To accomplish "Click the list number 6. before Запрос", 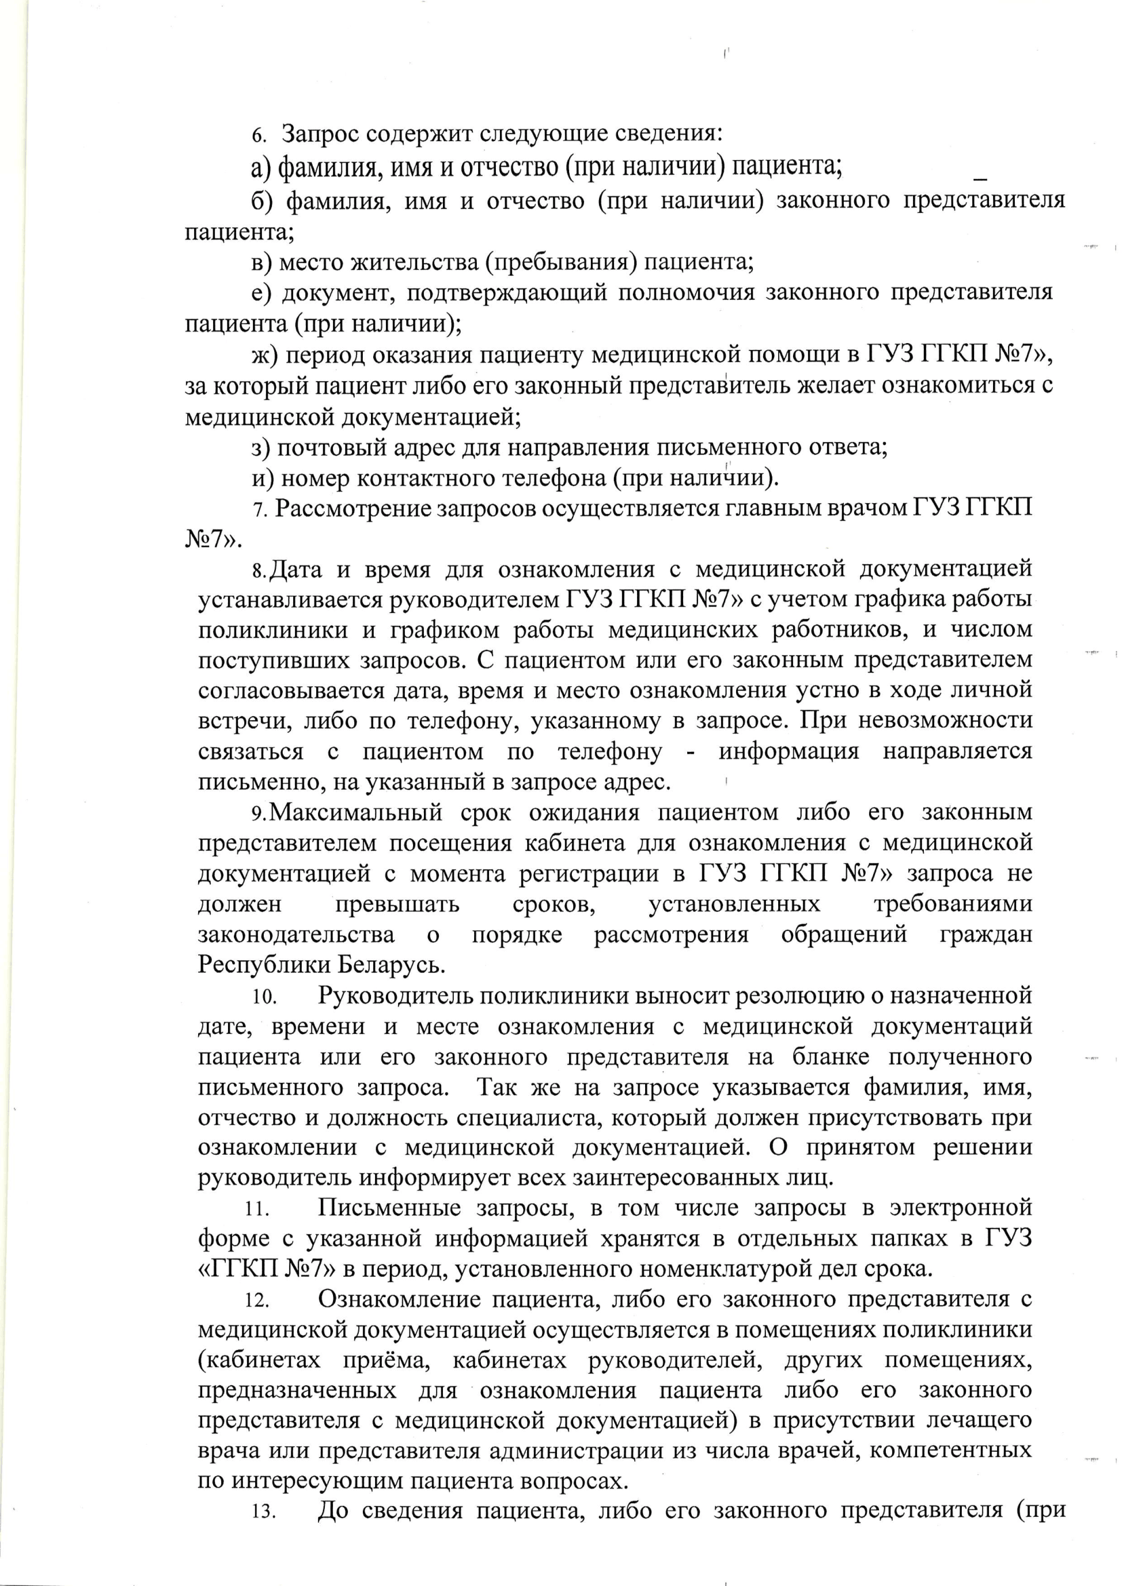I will (x=258, y=136).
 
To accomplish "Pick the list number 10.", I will (x=265, y=997).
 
